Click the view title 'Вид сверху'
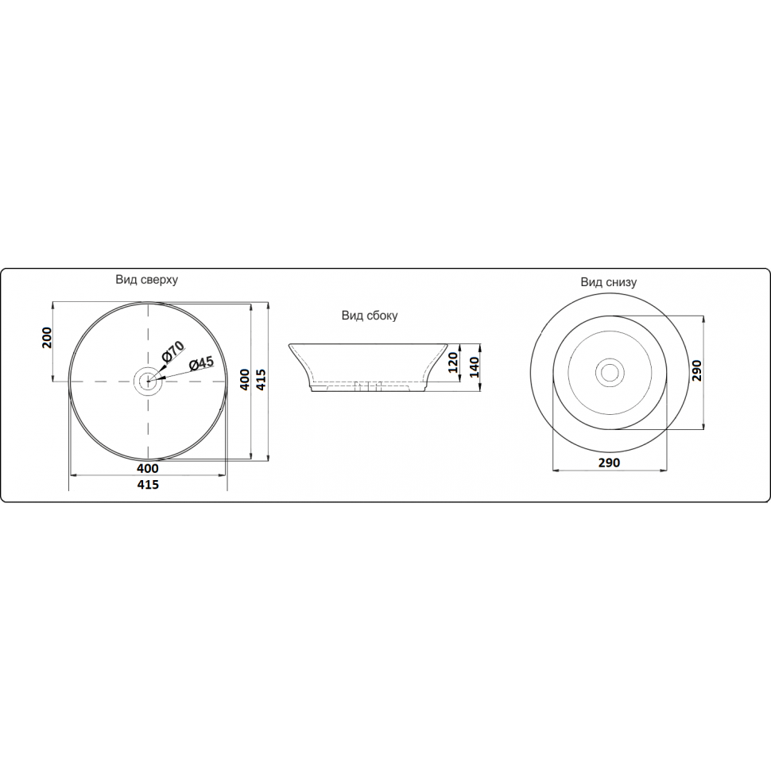(x=146, y=281)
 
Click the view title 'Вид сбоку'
(x=370, y=316)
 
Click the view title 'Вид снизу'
(x=609, y=282)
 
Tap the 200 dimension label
(x=47, y=337)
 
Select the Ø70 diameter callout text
(x=172, y=351)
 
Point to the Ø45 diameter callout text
(x=202, y=364)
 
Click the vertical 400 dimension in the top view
(x=244, y=380)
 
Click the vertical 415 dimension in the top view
(x=261, y=380)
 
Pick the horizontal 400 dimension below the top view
(x=148, y=468)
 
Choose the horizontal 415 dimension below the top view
(x=148, y=484)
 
